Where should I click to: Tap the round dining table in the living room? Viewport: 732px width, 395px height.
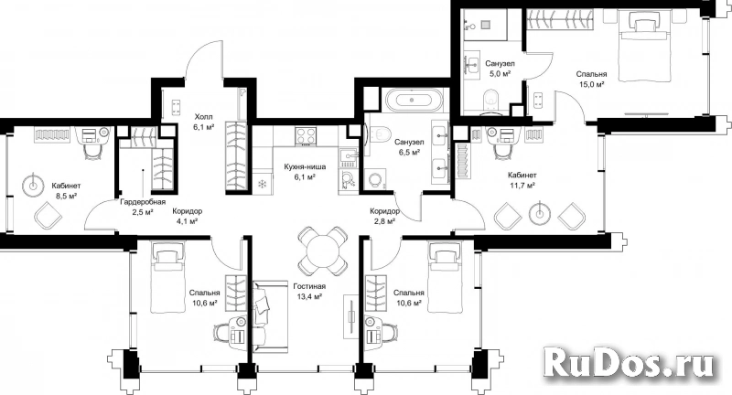pyautogui.click(x=323, y=251)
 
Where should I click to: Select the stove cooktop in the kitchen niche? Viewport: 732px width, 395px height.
pyautogui.click(x=306, y=135)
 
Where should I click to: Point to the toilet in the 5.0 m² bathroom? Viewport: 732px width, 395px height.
pyautogui.click(x=491, y=101)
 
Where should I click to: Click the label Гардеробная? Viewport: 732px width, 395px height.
pyautogui.click(x=143, y=202)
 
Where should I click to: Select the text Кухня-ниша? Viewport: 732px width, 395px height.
pyautogui.click(x=306, y=167)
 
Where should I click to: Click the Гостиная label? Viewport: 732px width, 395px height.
pyautogui.click(x=309, y=286)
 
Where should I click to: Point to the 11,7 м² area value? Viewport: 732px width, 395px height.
pyautogui.click(x=522, y=185)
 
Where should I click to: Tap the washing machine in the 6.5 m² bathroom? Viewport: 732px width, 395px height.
pyautogui.click(x=375, y=179)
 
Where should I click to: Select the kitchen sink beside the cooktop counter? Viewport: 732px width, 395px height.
pyautogui.click(x=348, y=156)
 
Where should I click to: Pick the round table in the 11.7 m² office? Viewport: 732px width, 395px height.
pyautogui.click(x=539, y=214)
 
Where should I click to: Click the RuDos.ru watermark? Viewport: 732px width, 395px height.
pyautogui.click(x=630, y=362)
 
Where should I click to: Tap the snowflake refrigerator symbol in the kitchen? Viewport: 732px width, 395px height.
pyautogui.click(x=262, y=183)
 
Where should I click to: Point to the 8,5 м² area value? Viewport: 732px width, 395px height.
pyautogui.click(x=66, y=196)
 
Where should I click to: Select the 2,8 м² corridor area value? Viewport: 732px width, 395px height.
pyautogui.click(x=383, y=220)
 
